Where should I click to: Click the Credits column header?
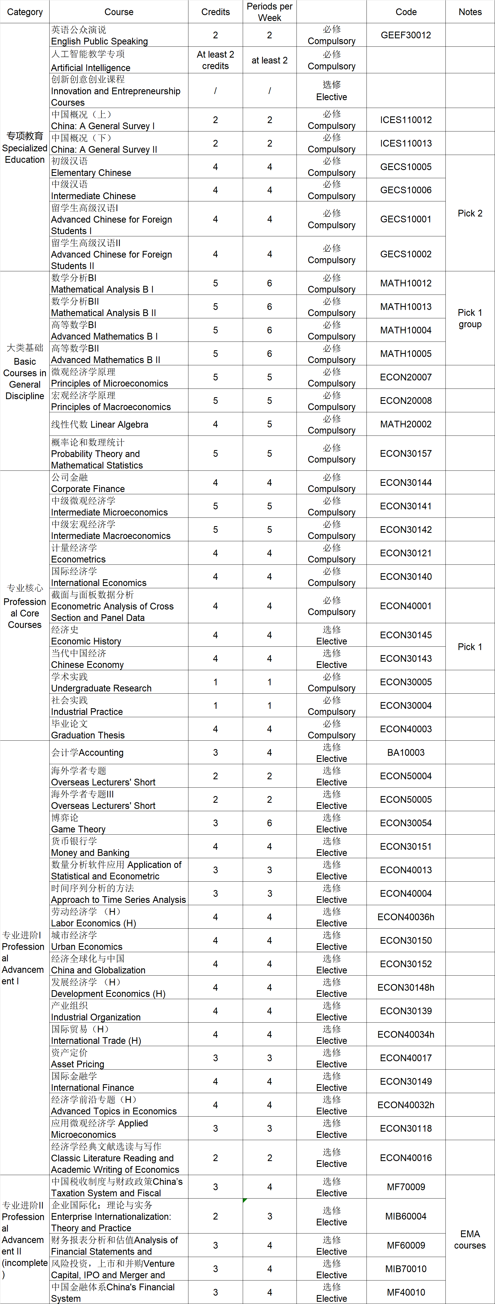pos(215,12)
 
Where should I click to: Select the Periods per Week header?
pos(270,12)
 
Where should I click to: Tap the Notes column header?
pos(470,12)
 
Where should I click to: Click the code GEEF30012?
pos(406,35)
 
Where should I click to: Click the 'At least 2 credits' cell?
pos(215,60)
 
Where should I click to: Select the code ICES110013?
pos(406,143)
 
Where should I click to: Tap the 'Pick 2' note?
pos(470,213)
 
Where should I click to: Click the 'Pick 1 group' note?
pos(470,318)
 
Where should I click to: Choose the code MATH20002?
pos(406,424)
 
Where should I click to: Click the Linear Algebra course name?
pos(100,424)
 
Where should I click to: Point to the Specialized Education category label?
pos(25,147)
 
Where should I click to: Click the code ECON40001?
pos(406,606)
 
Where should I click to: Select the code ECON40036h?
pos(406,917)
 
